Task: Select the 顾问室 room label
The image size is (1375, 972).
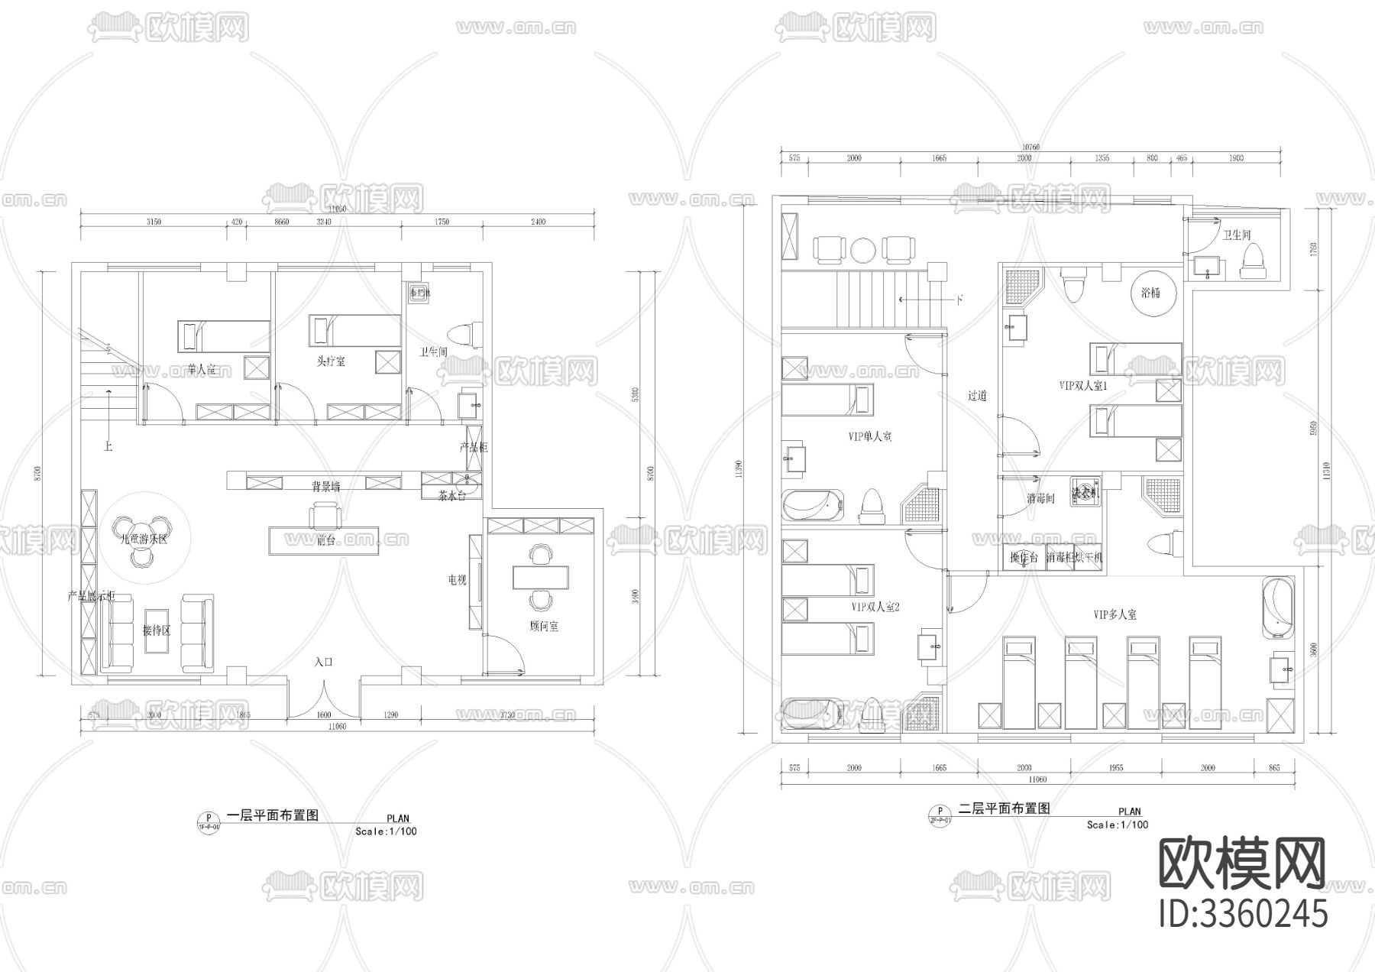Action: click(x=543, y=626)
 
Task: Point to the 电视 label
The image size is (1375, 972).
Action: click(x=457, y=580)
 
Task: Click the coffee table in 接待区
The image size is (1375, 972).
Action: click(x=157, y=630)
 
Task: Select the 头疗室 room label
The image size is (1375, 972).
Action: click(x=332, y=361)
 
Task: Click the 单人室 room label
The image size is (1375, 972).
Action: click(x=202, y=370)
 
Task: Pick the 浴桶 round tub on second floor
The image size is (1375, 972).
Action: click(x=1150, y=293)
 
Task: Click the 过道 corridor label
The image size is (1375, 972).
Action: click(x=978, y=396)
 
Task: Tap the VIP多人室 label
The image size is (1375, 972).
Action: click(x=1115, y=614)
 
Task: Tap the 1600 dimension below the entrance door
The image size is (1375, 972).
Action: click(x=324, y=716)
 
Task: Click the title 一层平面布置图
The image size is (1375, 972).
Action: click(x=273, y=815)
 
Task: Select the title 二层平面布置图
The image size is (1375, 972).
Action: click(x=1004, y=808)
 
